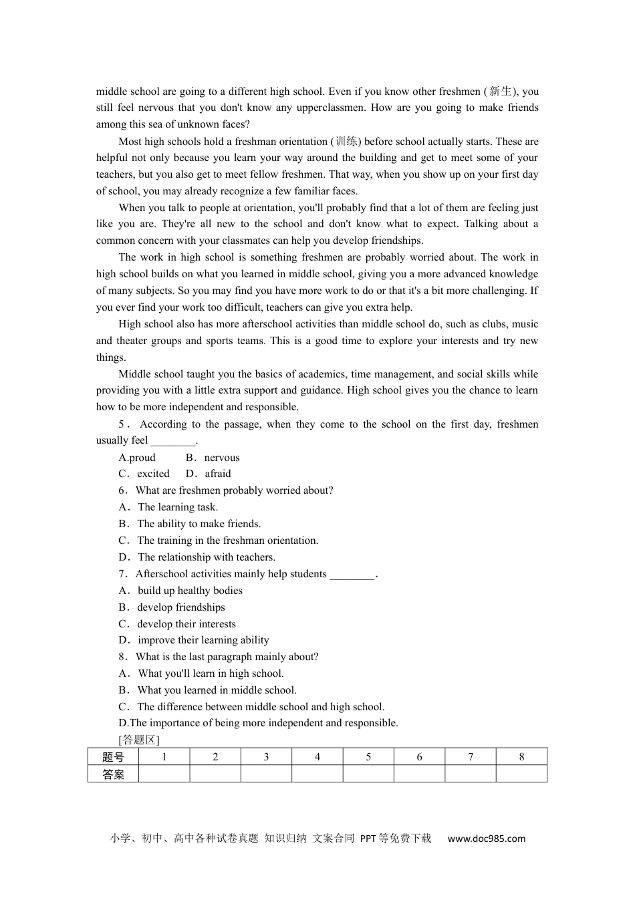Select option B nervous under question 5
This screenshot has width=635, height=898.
coord(213,458)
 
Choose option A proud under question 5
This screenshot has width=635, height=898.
coord(137,458)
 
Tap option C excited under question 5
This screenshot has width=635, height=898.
coord(144,474)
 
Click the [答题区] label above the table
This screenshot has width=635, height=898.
coord(139,740)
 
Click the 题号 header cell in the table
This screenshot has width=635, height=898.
coord(113,757)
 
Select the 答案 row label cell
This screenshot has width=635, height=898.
coord(113,774)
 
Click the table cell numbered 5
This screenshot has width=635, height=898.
coord(368,757)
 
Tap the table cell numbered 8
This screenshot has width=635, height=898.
coord(521,757)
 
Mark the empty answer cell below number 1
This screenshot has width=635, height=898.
coord(164,774)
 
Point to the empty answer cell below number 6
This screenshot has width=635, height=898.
coord(419,774)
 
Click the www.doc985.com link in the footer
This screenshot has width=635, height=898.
coord(486,839)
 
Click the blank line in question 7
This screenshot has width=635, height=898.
coord(352,575)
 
